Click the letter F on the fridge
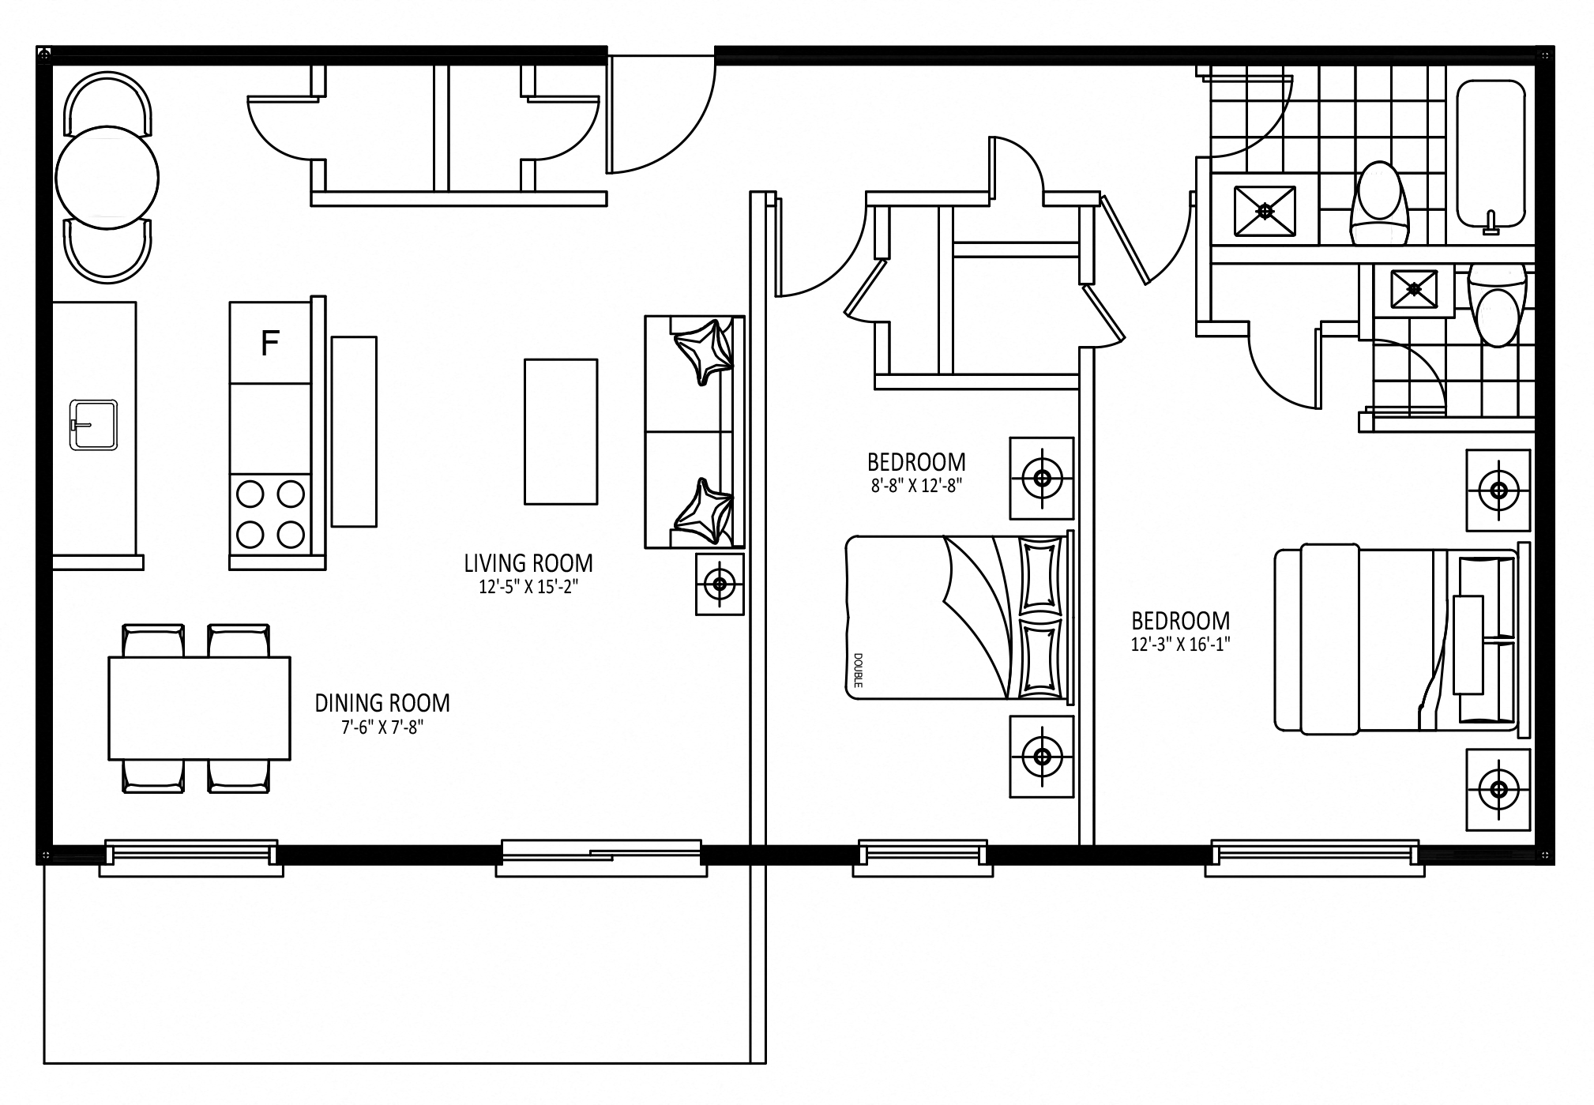click(270, 344)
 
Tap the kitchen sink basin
click(94, 425)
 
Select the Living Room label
click(528, 563)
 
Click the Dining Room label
click(382, 702)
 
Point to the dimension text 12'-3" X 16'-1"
click(1181, 645)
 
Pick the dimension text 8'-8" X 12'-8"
click(916, 486)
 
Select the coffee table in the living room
click(561, 431)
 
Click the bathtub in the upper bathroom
click(1491, 153)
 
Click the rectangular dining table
click(199, 708)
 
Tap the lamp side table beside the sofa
click(720, 584)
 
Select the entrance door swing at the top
click(660, 114)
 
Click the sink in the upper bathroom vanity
click(1265, 211)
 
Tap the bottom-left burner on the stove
click(250, 534)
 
